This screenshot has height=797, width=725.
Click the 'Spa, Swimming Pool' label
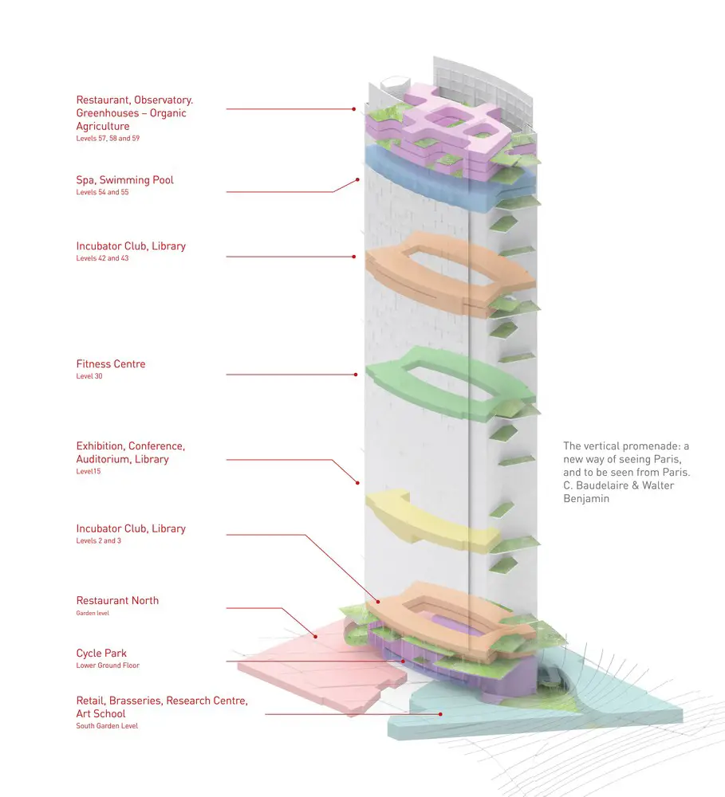point(124,180)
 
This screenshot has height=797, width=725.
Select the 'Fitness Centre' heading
point(111,364)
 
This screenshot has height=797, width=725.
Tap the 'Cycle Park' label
point(101,654)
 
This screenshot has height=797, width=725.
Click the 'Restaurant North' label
point(117,601)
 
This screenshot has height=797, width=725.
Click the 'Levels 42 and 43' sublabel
point(102,258)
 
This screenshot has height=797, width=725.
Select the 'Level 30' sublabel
point(89,376)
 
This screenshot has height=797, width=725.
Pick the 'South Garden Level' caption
point(107,726)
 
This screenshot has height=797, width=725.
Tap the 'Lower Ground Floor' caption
point(108,665)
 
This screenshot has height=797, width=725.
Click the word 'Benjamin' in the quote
point(586,499)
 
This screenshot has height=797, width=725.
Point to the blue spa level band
point(447,171)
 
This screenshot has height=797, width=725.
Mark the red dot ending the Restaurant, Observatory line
point(354,109)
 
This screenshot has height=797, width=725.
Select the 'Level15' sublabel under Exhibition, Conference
point(89,472)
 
